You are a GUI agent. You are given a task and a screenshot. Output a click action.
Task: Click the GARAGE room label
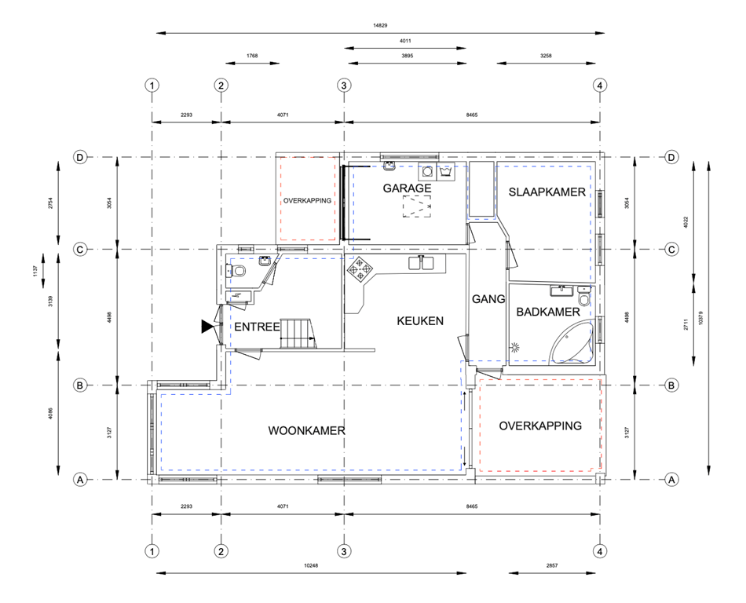click(407, 188)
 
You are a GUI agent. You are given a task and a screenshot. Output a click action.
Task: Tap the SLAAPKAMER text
click(547, 192)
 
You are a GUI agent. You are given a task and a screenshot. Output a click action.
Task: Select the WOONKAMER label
click(306, 430)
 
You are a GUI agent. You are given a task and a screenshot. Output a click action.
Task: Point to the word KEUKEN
click(420, 320)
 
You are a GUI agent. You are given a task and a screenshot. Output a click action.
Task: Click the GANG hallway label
click(488, 299)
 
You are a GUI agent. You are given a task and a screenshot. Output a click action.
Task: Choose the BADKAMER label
click(547, 312)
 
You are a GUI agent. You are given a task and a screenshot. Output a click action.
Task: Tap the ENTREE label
click(257, 327)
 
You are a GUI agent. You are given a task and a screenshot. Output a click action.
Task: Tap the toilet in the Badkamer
click(583, 298)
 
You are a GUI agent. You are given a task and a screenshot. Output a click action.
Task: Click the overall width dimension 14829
click(380, 25)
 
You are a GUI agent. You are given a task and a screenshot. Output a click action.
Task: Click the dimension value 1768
click(251, 56)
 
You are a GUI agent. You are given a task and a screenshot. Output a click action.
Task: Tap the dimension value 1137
click(34, 269)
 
